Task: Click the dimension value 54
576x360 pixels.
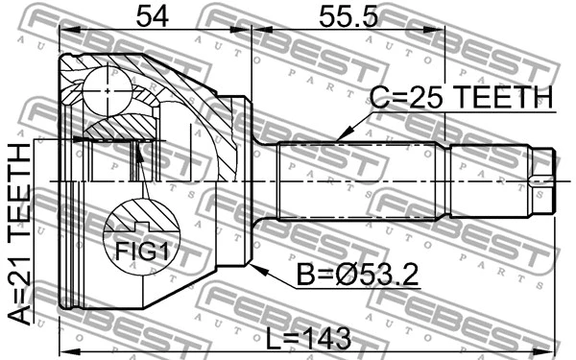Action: point(155,16)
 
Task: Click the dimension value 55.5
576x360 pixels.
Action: point(349,16)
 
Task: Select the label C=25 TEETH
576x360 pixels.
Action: point(463,98)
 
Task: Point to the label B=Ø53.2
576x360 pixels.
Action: point(357,278)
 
